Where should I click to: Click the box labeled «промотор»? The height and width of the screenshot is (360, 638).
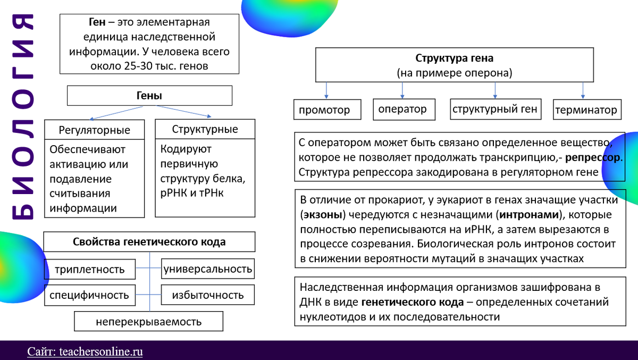point(324,110)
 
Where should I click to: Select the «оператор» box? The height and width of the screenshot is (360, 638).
point(402,110)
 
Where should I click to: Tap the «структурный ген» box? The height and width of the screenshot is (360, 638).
point(495,110)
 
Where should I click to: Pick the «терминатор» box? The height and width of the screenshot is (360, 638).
point(586,110)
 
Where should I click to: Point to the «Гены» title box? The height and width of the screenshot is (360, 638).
point(149,96)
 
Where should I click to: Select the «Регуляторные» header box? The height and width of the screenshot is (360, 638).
point(94,130)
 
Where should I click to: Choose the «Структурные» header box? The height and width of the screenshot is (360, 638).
point(205,129)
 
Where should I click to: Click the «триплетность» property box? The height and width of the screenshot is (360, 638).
point(90,269)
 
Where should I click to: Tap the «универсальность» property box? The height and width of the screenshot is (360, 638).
point(207,269)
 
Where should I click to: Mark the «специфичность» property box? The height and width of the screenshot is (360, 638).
point(90,295)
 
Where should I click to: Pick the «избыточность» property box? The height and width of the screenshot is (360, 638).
point(207,295)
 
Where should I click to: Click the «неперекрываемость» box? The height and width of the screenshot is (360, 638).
point(148,321)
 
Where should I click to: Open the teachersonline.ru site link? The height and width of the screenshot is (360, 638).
point(85,351)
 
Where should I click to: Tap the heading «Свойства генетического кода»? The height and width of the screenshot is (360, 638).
point(149,242)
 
